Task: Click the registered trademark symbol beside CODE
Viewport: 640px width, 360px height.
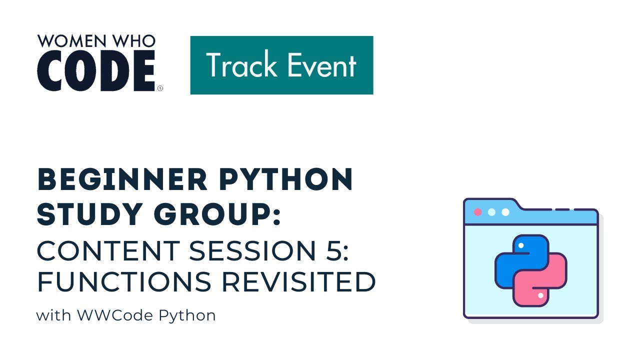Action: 160,88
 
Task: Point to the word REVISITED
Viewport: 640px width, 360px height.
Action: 298,282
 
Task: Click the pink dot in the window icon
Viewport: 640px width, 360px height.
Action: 477,212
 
